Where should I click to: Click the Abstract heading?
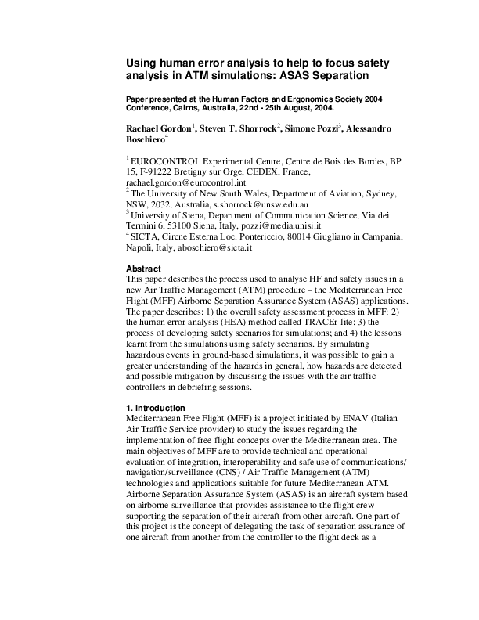pos(144,269)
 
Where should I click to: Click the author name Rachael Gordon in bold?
pos(158,128)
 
